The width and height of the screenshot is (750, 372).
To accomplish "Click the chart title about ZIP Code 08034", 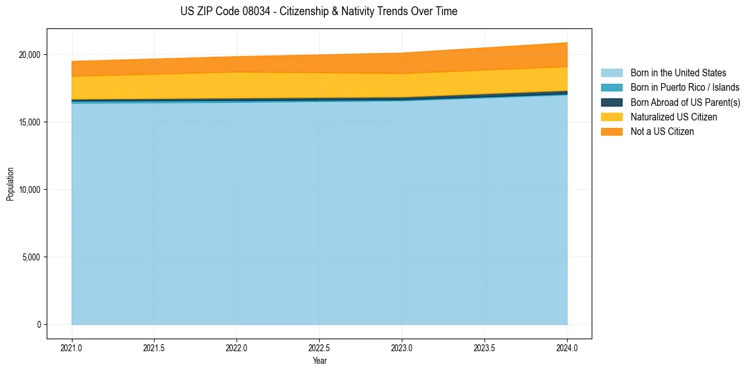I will pos(319,11).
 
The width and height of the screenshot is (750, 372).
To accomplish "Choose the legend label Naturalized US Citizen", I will pos(674,117).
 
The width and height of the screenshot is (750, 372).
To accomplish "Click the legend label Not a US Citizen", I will pos(662,132).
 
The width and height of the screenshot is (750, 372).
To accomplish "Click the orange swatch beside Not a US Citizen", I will pos(611,132).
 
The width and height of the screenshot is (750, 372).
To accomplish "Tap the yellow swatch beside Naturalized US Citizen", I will pos(611,117).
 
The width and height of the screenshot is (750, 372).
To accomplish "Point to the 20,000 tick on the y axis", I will pos(29,55).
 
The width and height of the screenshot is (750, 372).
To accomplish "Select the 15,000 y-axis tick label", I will pos(29,122).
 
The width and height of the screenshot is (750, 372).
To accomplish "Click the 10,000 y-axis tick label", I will pos(29,190).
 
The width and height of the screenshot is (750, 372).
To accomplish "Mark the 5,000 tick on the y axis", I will pos(31,257).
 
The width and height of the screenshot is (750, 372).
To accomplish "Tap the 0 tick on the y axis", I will pos(38,325).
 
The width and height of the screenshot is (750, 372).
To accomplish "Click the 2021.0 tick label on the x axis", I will pos(72,347).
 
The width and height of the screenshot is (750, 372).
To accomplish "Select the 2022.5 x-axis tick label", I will pos(319,347).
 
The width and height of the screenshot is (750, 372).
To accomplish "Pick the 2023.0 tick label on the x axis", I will pos(402,347).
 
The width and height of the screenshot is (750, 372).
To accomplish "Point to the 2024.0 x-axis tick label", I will pos(567,347).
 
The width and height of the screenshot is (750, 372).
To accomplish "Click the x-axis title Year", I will pos(319,361).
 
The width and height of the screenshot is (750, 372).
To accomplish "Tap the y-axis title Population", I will pos(10,184).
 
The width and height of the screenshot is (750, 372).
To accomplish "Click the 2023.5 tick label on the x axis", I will pos(484,347).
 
